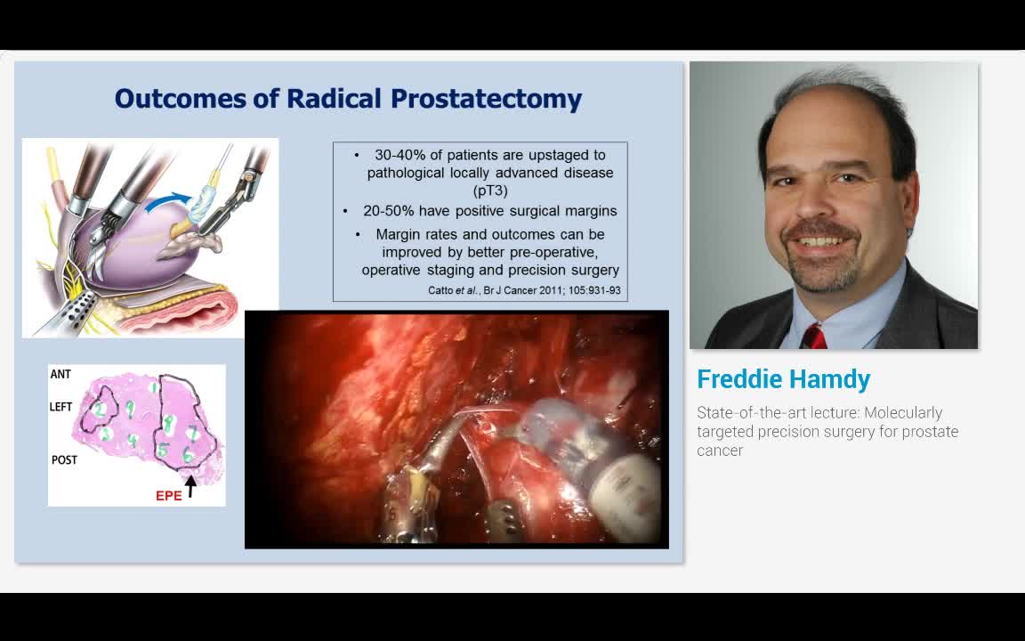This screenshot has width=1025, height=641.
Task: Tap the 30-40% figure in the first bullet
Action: (400, 155)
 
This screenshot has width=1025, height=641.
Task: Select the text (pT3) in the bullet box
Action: (490, 190)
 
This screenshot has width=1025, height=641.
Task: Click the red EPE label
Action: (168, 495)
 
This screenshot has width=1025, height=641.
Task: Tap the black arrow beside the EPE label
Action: (190, 486)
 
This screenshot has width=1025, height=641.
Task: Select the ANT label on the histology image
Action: (61, 374)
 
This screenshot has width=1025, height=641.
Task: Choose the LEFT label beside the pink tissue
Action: (61, 407)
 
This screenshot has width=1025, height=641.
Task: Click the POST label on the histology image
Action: (64, 459)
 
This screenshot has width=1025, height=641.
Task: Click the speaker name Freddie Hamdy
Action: (783, 379)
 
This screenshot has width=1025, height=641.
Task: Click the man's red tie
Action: (813, 337)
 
